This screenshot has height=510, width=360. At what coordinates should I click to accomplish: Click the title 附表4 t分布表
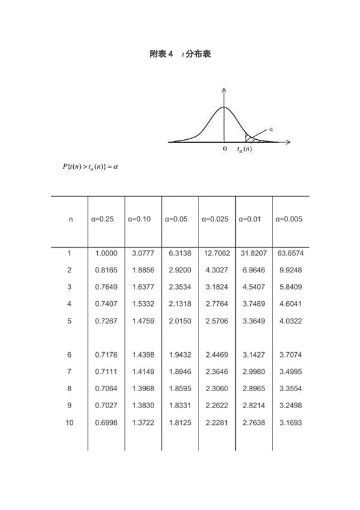click(x=179, y=54)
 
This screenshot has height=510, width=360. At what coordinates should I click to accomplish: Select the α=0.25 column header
click(x=102, y=220)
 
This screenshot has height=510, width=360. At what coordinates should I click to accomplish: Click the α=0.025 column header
click(x=216, y=220)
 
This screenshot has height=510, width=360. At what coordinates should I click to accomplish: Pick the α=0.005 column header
click(x=289, y=220)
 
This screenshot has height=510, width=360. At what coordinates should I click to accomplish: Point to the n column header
click(x=70, y=220)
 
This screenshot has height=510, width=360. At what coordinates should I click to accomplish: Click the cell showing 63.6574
click(x=290, y=254)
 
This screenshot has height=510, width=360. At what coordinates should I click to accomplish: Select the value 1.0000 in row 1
click(x=106, y=254)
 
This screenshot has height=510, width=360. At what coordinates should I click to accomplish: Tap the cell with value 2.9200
click(x=179, y=271)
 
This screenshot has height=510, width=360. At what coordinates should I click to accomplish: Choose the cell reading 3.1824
click(x=216, y=287)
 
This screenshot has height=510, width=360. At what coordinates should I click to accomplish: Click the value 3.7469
click(x=253, y=304)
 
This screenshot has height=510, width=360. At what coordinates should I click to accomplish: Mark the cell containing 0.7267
click(x=106, y=321)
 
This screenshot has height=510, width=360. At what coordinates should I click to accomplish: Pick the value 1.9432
click(x=179, y=355)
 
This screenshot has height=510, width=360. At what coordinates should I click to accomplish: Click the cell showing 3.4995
click(x=290, y=372)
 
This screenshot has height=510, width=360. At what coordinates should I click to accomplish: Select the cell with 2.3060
click(x=216, y=389)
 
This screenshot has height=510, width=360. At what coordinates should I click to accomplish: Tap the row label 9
click(x=70, y=406)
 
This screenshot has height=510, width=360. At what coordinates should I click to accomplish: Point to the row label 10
click(x=70, y=423)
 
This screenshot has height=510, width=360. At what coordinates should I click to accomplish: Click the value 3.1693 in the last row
click(x=290, y=423)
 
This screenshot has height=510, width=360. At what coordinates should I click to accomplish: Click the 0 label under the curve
click(x=224, y=149)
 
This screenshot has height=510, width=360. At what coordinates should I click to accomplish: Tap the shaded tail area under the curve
click(x=249, y=138)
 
